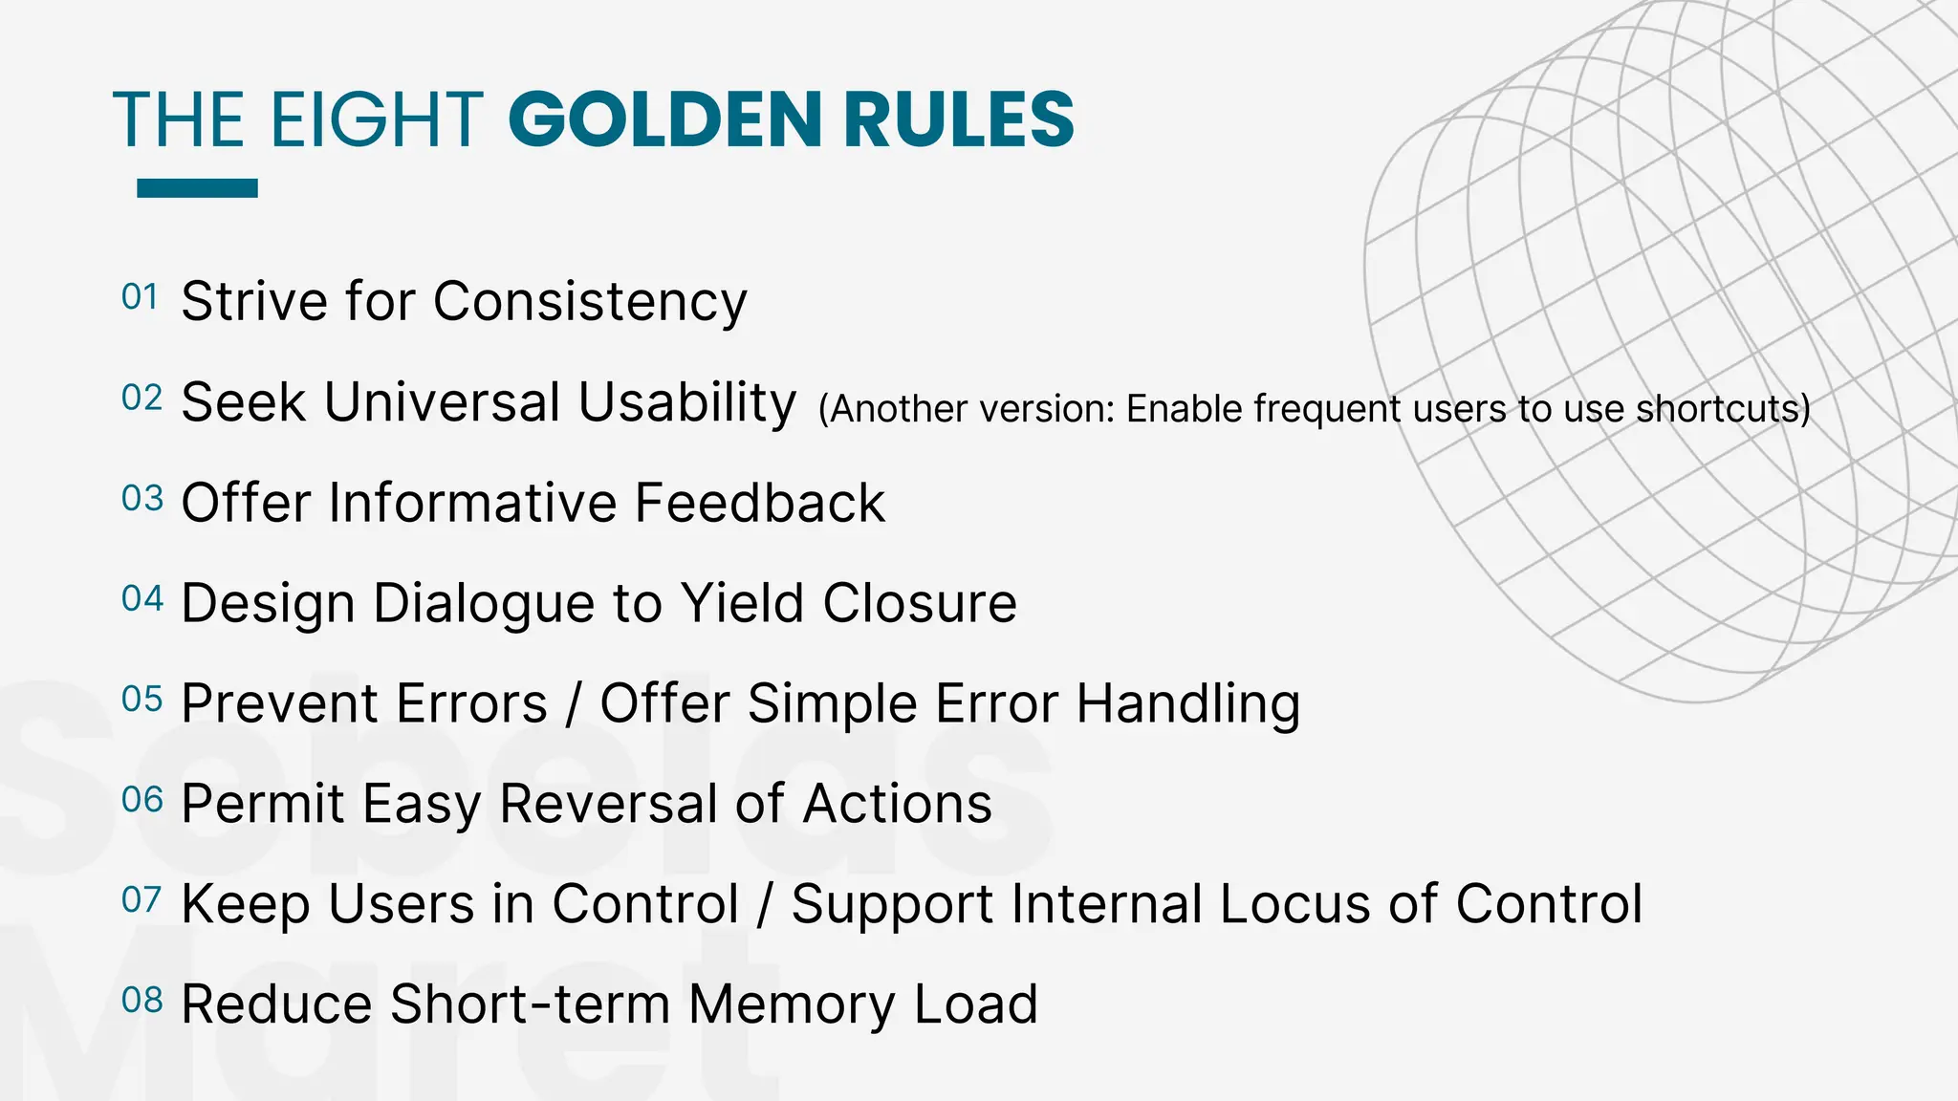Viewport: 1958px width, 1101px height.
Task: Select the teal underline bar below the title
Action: click(197, 188)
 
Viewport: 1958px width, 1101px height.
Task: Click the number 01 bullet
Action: click(140, 297)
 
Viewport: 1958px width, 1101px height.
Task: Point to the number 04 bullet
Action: click(142, 598)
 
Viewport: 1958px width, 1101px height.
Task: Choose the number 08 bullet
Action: click(142, 1000)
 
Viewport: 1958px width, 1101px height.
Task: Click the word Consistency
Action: click(590, 302)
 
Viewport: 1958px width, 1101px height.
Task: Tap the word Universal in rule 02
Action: click(442, 401)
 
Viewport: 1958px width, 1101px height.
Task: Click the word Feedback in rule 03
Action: click(759, 503)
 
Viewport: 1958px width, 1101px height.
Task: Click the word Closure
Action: click(920, 603)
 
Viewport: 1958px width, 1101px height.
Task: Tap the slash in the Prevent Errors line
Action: click(574, 705)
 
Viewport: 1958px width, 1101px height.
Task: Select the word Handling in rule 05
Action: click(1187, 705)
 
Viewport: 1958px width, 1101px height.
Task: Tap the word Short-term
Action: click(530, 1004)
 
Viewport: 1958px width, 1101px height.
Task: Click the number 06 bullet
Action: click(142, 799)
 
